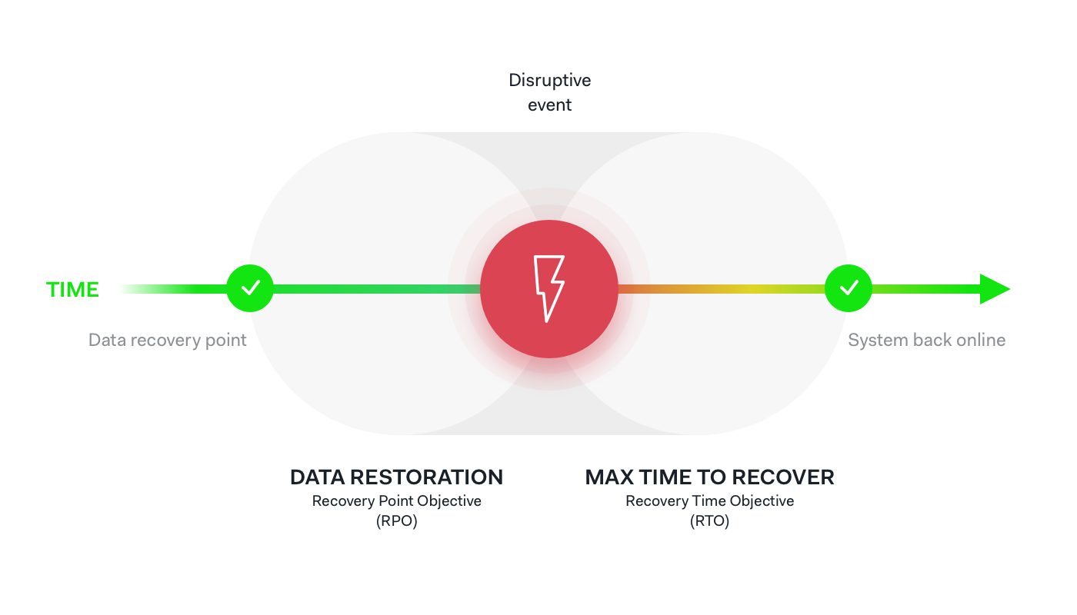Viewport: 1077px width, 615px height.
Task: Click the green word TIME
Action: click(x=72, y=290)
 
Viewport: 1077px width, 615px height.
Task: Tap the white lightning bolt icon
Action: click(x=549, y=289)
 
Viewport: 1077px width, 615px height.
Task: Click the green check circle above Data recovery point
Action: click(x=250, y=288)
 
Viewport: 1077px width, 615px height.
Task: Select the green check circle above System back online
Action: click(x=849, y=288)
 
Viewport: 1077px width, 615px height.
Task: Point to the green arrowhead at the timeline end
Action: click(x=994, y=289)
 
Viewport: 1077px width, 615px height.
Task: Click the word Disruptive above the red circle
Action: click(x=549, y=80)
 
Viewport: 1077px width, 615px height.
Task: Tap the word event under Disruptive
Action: click(x=549, y=105)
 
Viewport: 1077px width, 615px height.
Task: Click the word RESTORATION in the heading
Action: click(x=426, y=477)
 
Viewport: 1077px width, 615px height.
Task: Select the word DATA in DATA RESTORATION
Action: click(x=318, y=477)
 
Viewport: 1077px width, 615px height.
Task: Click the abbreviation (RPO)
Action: click(x=397, y=521)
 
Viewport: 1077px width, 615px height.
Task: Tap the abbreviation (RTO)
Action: click(x=709, y=521)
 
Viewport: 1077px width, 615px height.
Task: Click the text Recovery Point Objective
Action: click(x=397, y=501)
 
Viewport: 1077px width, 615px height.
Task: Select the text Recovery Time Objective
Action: click(x=709, y=501)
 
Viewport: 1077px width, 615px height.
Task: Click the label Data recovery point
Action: click(x=168, y=340)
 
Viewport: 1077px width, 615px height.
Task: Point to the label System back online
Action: click(x=926, y=340)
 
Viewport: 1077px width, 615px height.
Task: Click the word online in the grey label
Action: click(x=981, y=340)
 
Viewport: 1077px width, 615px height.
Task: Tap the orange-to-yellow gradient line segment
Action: click(x=722, y=289)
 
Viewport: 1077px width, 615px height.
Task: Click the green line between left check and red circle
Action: click(x=377, y=289)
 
